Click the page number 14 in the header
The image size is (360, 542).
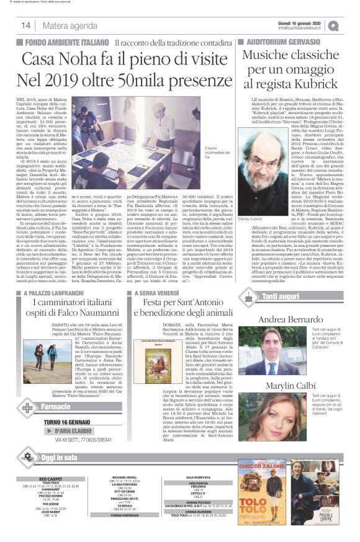click(26, 25)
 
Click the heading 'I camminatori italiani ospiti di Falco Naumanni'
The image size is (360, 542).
click(71, 306)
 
